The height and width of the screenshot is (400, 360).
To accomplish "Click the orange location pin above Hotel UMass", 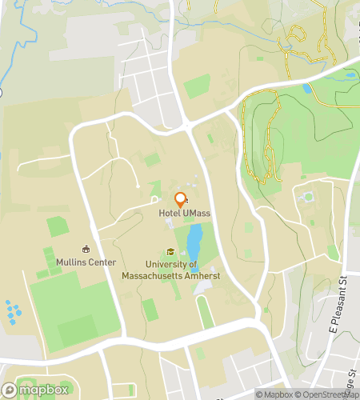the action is coord(181,199).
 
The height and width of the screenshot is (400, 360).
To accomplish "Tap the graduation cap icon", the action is coord(170,251).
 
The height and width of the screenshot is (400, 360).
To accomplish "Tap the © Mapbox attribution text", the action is coord(273,394).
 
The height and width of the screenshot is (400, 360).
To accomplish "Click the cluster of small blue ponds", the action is coord(14,312).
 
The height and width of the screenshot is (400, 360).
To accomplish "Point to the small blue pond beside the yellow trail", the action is coord(309,89).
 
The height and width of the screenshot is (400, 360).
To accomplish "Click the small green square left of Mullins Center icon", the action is coord(58,226).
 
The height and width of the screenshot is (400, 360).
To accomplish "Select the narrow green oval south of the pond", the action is coord(206,311).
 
